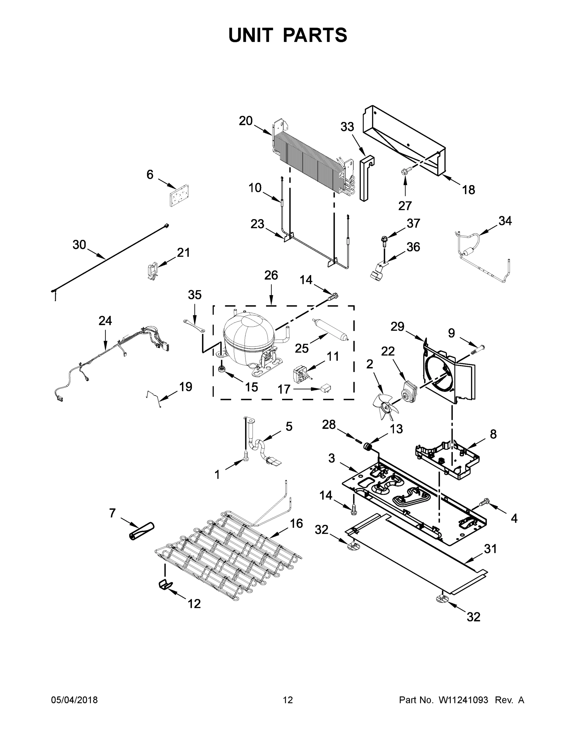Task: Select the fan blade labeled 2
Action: tap(387, 407)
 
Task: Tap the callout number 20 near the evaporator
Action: tap(245, 121)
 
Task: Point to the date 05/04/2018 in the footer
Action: tap(74, 700)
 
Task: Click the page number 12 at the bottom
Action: tap(288, 700)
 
